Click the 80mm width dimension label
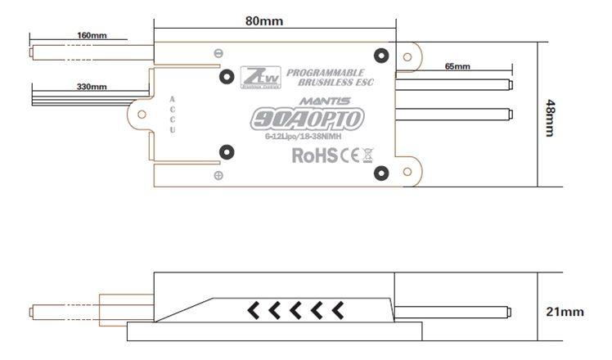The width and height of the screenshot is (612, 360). click(x=270, y=21)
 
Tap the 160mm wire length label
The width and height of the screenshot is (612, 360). click(x=92, y=36)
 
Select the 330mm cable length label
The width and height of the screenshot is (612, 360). click(x=92, y=86)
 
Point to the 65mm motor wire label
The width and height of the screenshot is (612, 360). click(x=457, y=65)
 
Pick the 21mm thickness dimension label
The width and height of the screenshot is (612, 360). click(x=565, y=311)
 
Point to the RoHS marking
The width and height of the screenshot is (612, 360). click(x=314, y=154)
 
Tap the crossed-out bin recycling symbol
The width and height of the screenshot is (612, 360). click(x=367, y=154)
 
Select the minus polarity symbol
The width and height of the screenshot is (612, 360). click(x=218, y=54)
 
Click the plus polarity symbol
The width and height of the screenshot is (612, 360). click(x=218, y=176)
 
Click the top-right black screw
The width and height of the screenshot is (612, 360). click(x=380, y=56)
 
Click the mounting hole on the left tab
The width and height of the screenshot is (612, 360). click(x=142, y=115)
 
